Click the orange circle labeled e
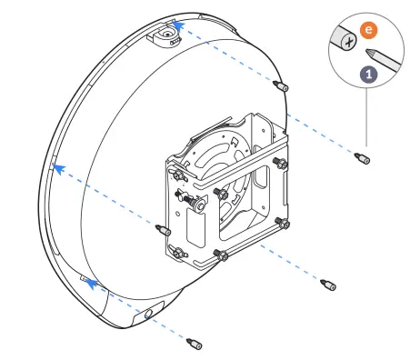[x=368, y=30]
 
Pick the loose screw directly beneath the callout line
[x=363, y=160]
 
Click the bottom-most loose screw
[x=193, y=345]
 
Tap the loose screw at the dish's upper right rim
[x=280, y=86]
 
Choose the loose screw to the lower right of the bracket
[x=328, y=284]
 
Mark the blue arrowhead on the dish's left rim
[x=56, y=167]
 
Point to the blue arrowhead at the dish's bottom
[x=90, y=283]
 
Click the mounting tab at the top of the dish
[x=165, y=35]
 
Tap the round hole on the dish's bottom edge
[x=149, y=315]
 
